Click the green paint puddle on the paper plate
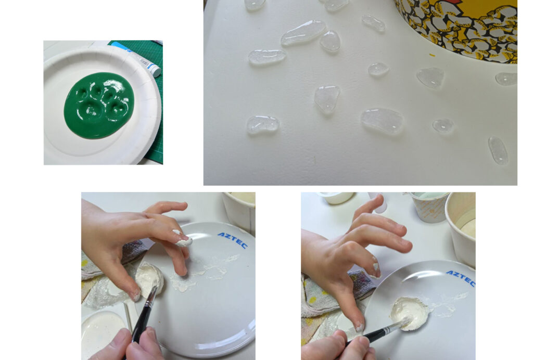pyautogui.click(x=99, y=105)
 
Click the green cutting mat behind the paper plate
pyautogui.click(x=149, y=102)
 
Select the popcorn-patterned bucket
pyautogui.click(x=459, y=27)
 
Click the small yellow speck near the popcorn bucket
pyautogui.click(x=432, y=55)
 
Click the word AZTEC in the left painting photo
pyautogui.click(x=233, y=240)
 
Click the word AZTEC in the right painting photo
pyautogui.click(x=461, y=278)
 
